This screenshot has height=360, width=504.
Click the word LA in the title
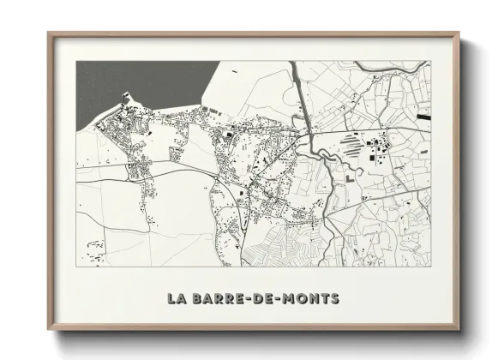177,299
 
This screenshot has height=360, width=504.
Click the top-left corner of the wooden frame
49,34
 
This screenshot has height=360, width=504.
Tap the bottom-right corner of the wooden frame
459,328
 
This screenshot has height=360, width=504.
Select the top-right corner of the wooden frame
459,34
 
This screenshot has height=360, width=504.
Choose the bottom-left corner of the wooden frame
49,328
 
